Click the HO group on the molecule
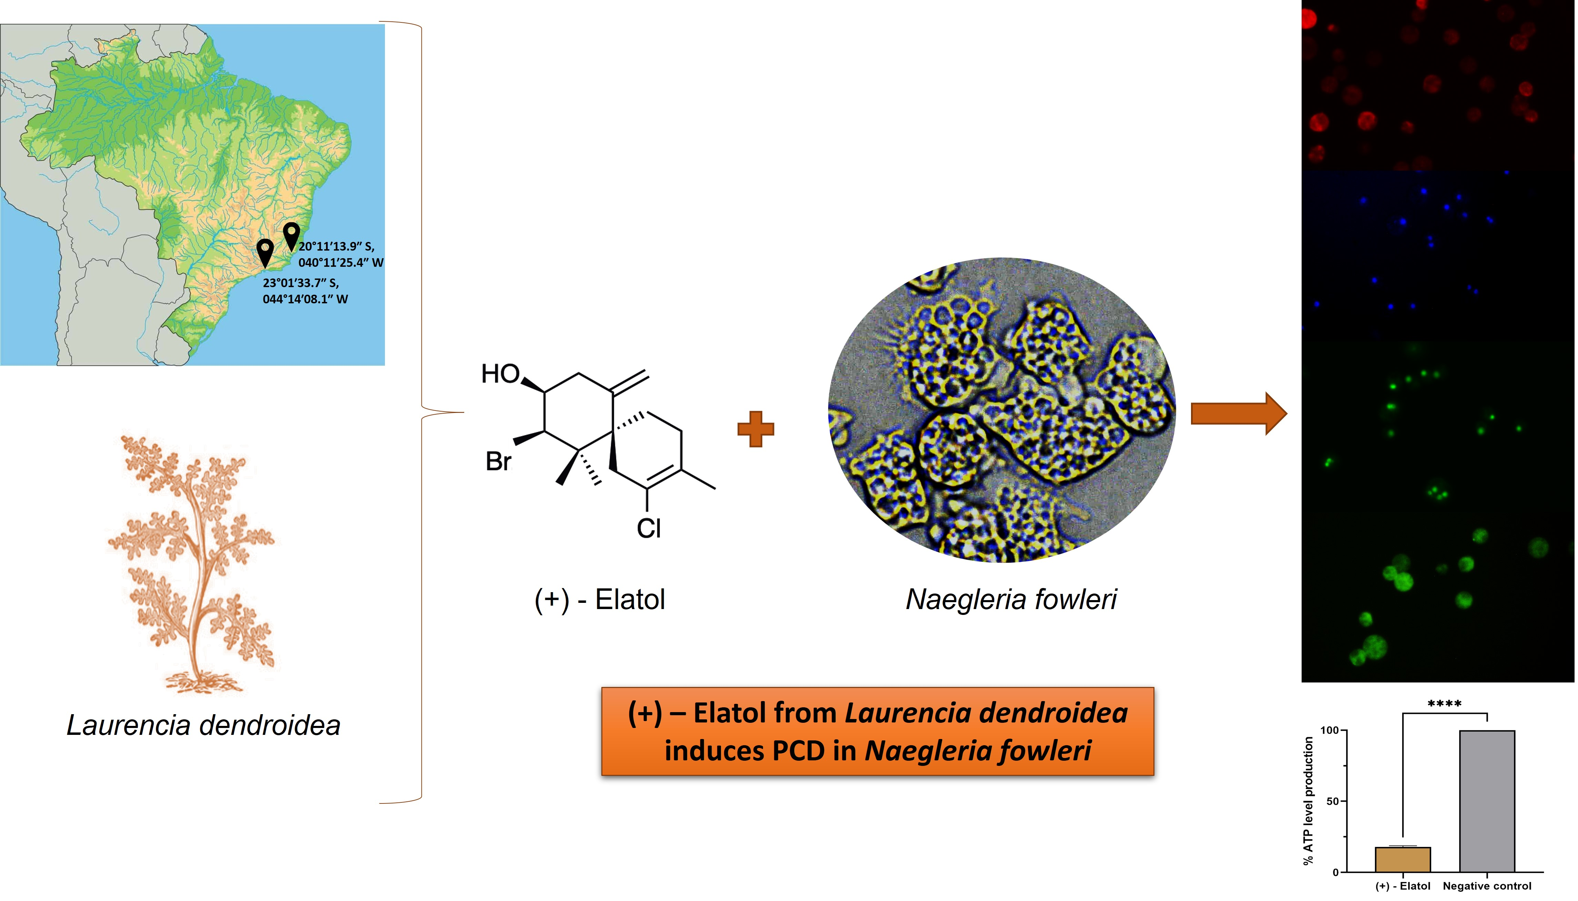pos(500,374)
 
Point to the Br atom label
pos(498,462)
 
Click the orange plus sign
pos(755,429)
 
